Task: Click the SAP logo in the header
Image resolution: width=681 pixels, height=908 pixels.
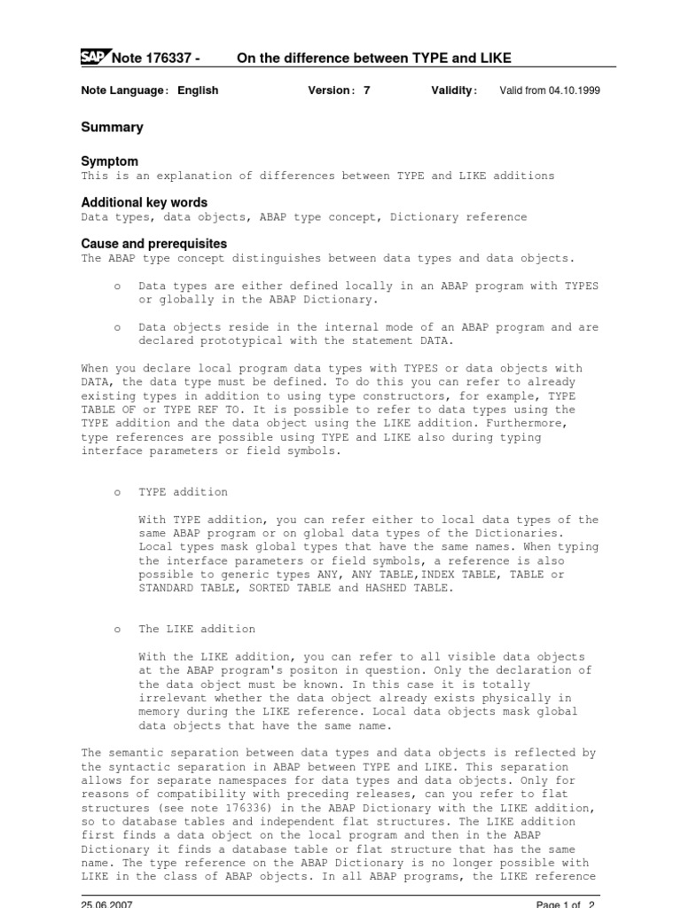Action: pyautogui.click(x=94, y=58)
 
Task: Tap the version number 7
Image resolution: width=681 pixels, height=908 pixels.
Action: pyautogui.click(x=366, y=90)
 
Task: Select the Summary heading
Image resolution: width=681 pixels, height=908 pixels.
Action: pyautogui.click(x=112, y=128)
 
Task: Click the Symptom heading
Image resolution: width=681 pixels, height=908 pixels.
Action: pyautogui.click(x=110, y=161)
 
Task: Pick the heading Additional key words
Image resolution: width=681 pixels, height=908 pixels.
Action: pyautogui.click(x=145, y=202)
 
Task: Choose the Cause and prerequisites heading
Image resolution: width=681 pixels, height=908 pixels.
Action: pyautogui.click(x=154, y=244)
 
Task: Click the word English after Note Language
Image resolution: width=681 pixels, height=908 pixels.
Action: pyautogui.click(x=197, y=90)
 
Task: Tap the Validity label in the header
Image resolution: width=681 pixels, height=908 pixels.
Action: pyautogui.click(x=453, y=90)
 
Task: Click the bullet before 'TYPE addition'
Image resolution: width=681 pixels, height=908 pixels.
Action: pyautogui.click(x=117, y=492)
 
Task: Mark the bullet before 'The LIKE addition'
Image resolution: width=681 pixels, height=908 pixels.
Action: pyautogui.click(x=117, y=630)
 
